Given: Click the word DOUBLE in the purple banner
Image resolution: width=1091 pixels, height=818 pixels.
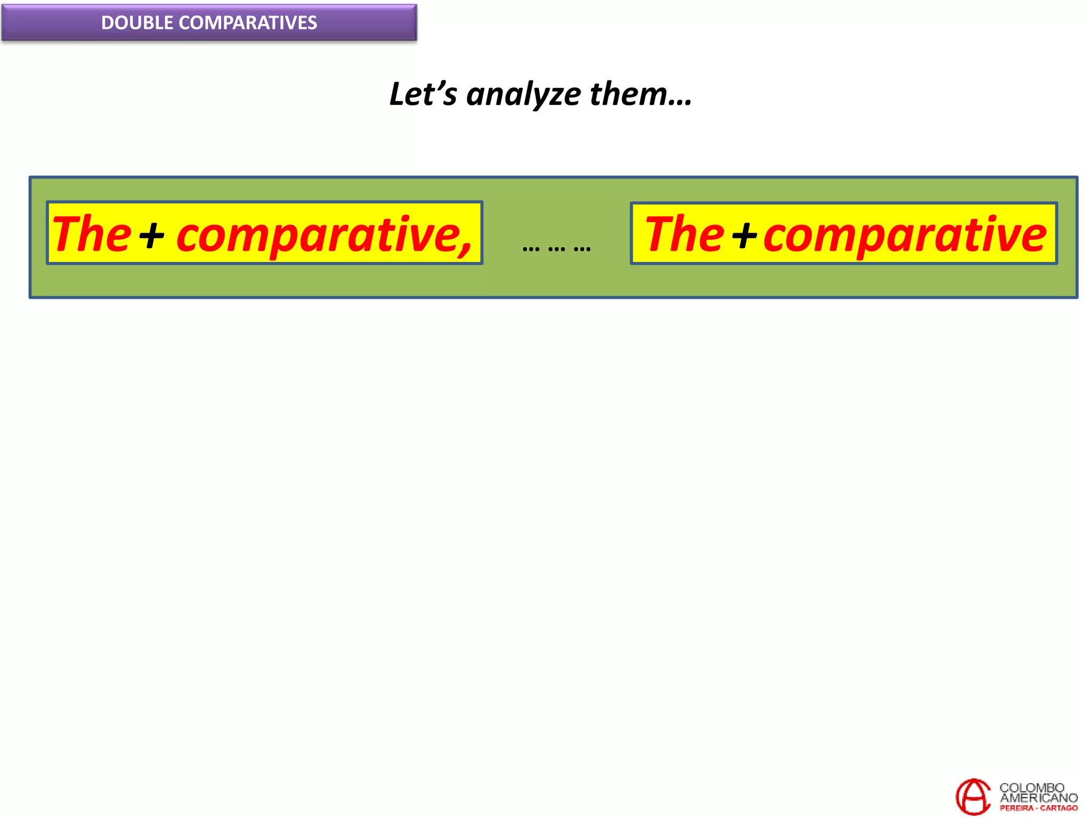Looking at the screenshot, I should pyautogui.click(x=137, y=23).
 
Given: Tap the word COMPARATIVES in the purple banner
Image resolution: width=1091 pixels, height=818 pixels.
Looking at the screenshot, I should pyautogui.click(x=248, y=23).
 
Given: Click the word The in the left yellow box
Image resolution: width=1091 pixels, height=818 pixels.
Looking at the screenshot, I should pyautogui.click(x=92, y=234).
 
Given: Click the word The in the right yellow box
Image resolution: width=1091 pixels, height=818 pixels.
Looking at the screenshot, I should pyautogui.click(x=685, y=234).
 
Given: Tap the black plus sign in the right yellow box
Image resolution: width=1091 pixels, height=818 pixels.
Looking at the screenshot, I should pyautogui.click(x=745, y=235).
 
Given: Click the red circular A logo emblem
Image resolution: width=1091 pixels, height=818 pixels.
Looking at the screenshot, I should pyautogui.click(x=973, y=796).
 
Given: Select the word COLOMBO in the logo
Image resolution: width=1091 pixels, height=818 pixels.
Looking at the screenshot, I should pyautogui.click(x=1031, y=788).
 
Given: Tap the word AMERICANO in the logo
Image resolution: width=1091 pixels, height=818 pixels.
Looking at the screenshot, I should pyautogui.click(x=1039, y=798).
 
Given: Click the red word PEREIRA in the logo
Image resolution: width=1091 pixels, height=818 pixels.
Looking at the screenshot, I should pyautogui.click(x=1016, y=808).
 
